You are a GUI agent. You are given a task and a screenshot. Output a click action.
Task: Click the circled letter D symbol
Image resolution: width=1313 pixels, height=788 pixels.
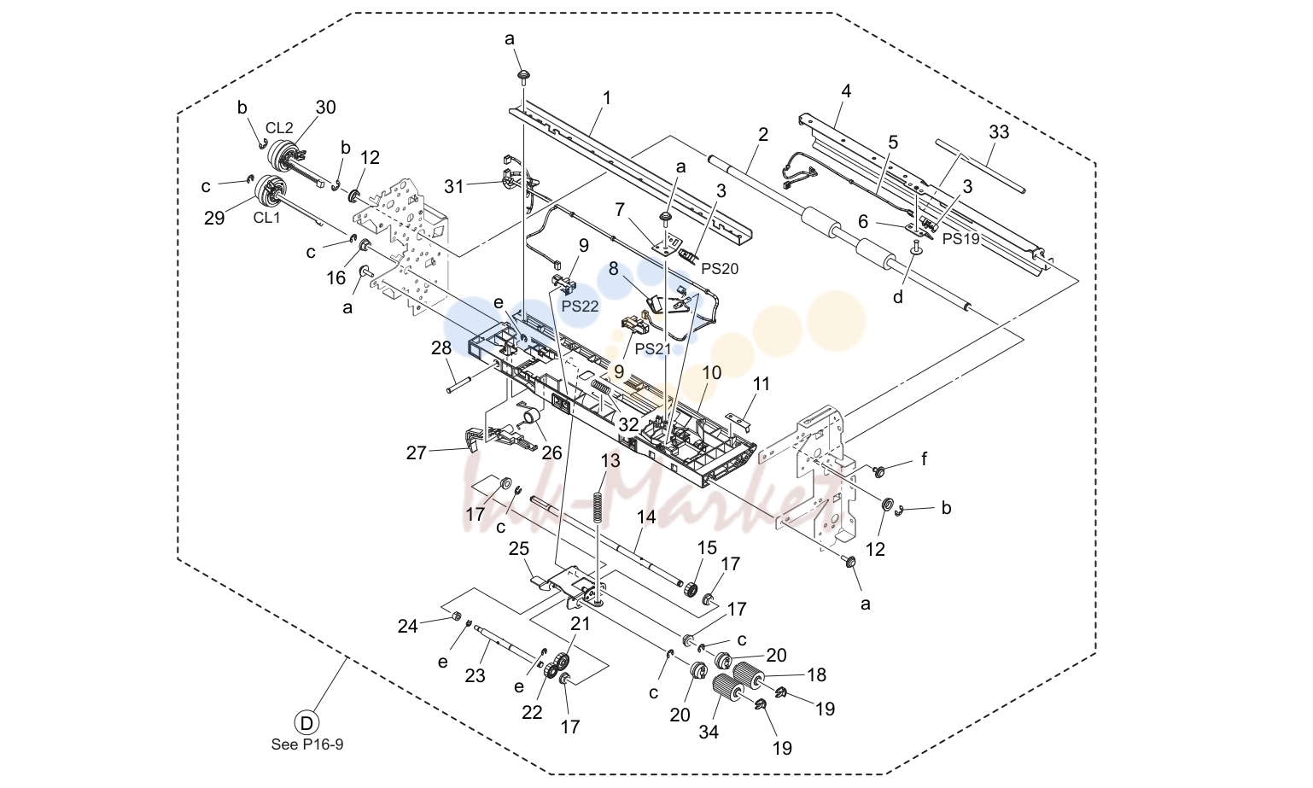(x=306, y=723)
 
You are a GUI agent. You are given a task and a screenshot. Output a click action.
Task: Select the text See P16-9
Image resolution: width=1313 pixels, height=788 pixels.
(x=307, y=744)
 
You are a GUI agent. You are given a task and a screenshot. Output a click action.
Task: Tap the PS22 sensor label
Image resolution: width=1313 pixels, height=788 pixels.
(x=580, y=306)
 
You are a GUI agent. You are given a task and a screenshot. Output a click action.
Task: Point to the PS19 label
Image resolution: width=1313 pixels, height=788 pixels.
(x=960, y=239)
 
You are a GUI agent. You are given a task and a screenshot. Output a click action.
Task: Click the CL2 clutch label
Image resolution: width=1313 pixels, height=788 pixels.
(x=279, y=128)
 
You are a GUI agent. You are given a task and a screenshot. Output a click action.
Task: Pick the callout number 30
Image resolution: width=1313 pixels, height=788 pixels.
(x=326, y=108)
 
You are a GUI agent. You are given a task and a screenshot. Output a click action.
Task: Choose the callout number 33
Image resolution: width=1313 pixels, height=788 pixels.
(x=999, y=132)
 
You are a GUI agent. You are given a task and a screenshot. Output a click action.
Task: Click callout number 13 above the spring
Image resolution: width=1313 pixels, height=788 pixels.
(x=610, y=461)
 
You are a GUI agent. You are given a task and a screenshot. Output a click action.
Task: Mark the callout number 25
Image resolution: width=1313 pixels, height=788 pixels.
(x=519, y=549)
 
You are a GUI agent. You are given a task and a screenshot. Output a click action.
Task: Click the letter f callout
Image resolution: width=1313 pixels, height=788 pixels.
(x=925, y=458)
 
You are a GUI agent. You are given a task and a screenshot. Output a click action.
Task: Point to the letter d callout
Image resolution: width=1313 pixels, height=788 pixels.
(x=898, y=297)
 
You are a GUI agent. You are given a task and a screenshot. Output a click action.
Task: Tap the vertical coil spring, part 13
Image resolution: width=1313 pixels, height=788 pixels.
(x=598, y=505)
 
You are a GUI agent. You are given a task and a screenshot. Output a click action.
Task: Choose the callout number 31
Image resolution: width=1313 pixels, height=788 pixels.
(x=453, y=187)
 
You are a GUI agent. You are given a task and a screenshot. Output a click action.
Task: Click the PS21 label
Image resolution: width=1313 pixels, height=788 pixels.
(x=653, y=349)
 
